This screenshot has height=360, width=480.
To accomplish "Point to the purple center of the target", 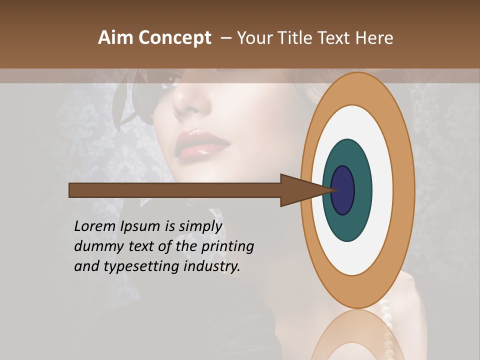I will coord(342,190).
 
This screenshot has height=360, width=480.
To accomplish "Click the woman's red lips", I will coord(202,144).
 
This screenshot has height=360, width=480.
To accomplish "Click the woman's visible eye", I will coord(172,78).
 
